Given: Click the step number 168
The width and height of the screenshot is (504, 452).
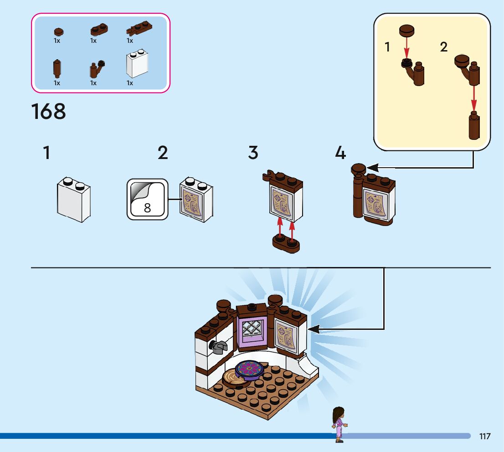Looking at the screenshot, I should pos(48,112).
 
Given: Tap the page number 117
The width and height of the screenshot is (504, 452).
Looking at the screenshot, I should pos(485,437).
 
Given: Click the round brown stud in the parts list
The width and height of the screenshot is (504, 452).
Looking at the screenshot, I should pos(58,31).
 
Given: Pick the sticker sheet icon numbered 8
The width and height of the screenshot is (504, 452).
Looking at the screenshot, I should pos(147,199).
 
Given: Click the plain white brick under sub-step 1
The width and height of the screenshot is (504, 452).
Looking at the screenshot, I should pos(73,200).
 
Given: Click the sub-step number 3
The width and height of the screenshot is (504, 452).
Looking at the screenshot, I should pos(253,153).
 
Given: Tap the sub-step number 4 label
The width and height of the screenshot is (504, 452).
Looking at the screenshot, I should pos(340,153).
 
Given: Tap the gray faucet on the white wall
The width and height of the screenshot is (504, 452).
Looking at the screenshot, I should pos(218,347).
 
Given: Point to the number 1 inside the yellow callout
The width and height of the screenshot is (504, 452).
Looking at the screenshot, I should pos(387,47).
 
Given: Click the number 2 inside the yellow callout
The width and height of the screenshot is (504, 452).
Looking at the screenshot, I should pos(444,47).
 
